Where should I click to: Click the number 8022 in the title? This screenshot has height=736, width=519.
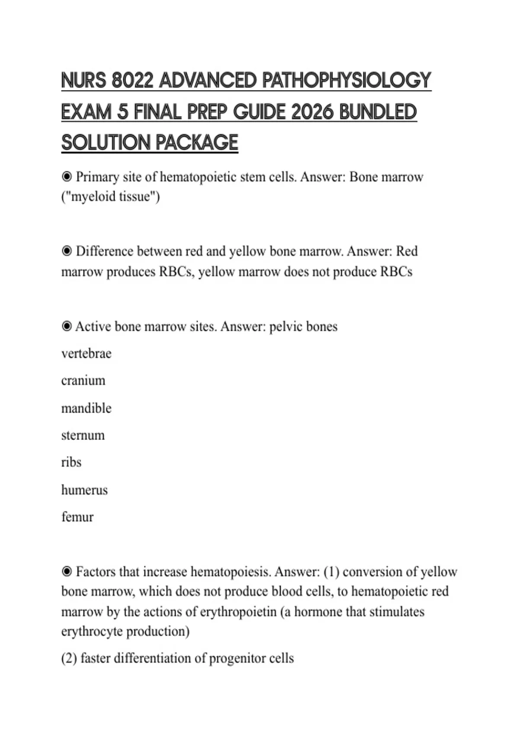pyautogui.click(x=132, y=81)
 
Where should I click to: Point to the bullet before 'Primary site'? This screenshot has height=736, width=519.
pyautogui.click(x=67, y=177)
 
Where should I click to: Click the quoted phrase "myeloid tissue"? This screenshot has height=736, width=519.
pyautogui.click(x=111, y=197)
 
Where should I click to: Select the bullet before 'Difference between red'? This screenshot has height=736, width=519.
pyautogui.click(x=67, y=251)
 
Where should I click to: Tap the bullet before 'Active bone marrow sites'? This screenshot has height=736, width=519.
pyautogui.click(x=67, y=326)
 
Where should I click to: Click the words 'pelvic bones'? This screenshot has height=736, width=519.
pyautogui.click(x=303, y=326)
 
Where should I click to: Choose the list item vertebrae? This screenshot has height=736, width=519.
pyautogui.click(x=86, y=353)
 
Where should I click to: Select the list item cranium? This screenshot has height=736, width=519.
pyautogui.click(x=83, y=381)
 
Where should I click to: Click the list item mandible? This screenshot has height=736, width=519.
pyautogui.click(x=86, y=408)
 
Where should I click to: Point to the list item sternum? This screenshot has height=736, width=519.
pyautogui.click(x=83, y=435)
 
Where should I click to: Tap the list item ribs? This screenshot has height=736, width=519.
pyautogui.click(x=71, y=462)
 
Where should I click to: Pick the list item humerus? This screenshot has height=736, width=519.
pyautogui.click(x=84, y=490)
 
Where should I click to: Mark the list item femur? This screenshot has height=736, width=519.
pyautogui.click(x=77, y=517)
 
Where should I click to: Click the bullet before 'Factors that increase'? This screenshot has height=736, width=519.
pyautogui.click(x=67, y=571)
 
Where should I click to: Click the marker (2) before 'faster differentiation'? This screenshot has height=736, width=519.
pyautogui.click(x=69, y=658)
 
